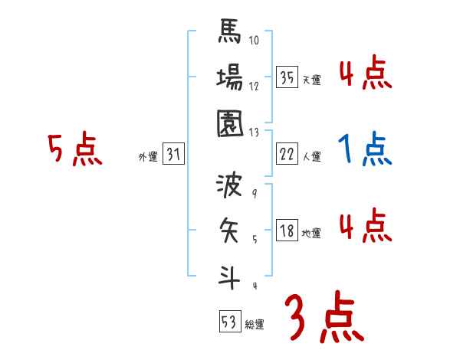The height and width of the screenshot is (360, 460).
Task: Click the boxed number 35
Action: point(287,77)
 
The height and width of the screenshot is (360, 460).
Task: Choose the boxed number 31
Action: point(173,155)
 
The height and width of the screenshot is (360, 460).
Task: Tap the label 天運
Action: point(311,80)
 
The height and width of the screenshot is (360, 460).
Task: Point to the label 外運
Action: point(148,157)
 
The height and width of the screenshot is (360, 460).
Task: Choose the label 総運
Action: point(254,325)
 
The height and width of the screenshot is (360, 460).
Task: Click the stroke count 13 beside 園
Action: point(254,131)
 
